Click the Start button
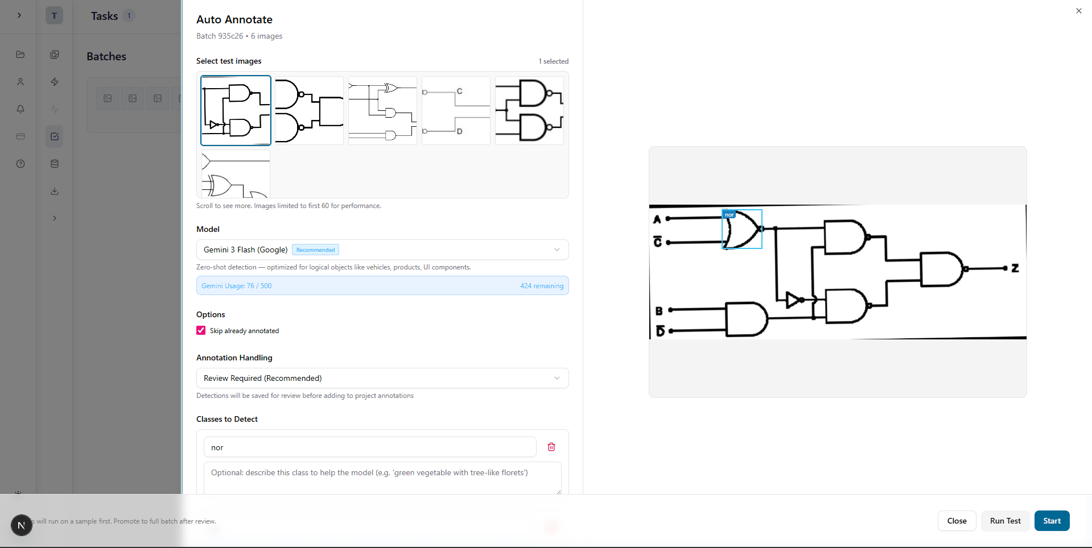click(x=1052, y=521)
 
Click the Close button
click(x=957, y=521)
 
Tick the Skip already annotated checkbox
click(x=201, y=330)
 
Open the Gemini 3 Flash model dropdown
click(x=382, y=250)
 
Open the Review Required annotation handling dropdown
click(x=382, y=378)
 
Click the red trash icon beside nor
click(x=551, y=447)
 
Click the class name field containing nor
click(x=370, y=447)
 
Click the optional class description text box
click(x=382, y=478)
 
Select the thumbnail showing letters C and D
click(x=456, y=110)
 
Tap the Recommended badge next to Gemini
click(x=315, y=250)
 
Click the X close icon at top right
click(x=1078, y=11)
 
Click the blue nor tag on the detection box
click(x=729, y=215)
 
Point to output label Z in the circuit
click(x=1015, y=268)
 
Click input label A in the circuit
click(x=657, y=219)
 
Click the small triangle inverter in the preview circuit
click(x=792, y=300)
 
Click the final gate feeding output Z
click(x=941, y=269)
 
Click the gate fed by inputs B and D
click(x=745, y=319)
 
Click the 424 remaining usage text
click(x=541, y=286)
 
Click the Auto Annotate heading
click(x=234, y=19)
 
